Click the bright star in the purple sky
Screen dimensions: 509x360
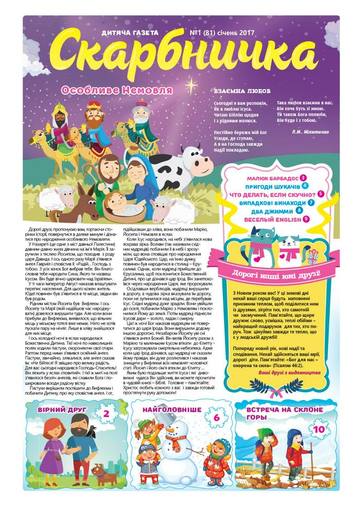[194, 82]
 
